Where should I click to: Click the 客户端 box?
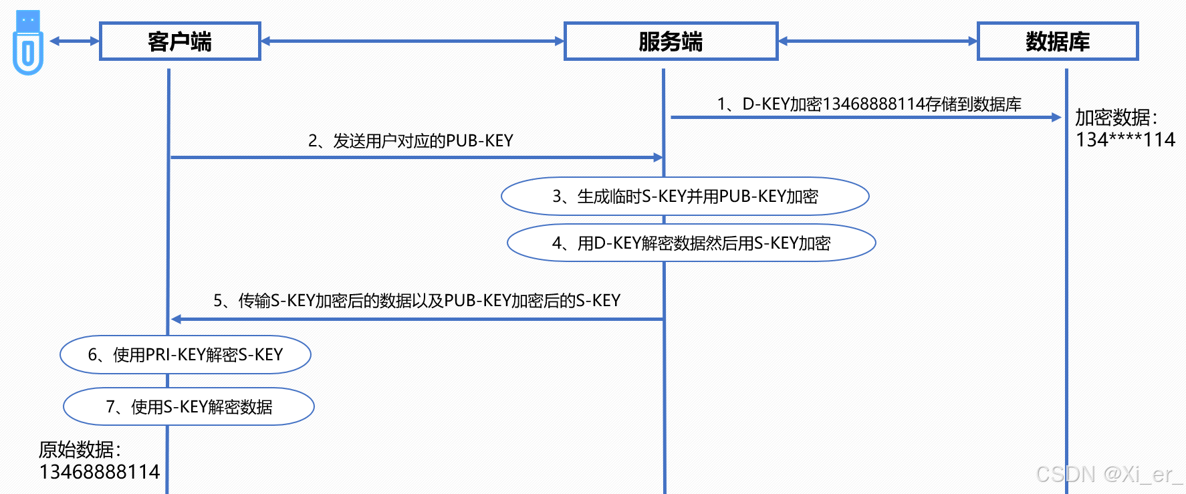click(180, 41)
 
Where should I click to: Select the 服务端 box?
click(671, 41)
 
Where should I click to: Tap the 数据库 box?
click(1057, 41)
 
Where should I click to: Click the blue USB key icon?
click(27, 43)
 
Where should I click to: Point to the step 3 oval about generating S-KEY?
click(685, 197)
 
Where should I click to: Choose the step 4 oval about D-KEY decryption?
click(691, 243)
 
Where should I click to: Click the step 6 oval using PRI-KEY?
click(185, 354)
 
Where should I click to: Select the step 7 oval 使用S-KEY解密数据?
click(189, 406)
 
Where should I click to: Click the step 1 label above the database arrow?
click(868, 104)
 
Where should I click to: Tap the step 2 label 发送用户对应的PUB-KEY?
click(410, 141)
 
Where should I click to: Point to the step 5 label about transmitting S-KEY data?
click(417, 301)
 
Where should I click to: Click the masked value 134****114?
click(1125, 140)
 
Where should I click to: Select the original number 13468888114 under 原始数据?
click(100, 472)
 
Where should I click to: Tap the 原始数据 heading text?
click(80, 449)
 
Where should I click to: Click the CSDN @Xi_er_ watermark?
click(1108, 475)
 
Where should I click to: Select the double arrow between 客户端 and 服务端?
click(412, 41)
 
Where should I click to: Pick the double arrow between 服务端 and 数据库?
click(877, 41)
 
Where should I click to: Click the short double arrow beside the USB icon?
click(74, 41)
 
